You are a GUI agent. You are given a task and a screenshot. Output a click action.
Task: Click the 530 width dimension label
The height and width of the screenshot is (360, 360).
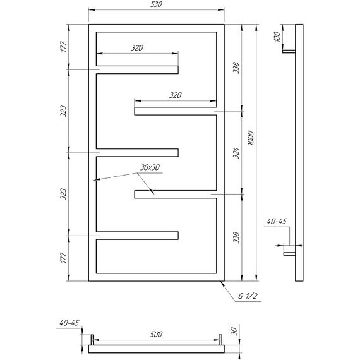(x=156, y=4)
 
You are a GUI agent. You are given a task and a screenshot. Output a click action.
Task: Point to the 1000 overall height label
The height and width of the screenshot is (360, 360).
(x=251, y=138)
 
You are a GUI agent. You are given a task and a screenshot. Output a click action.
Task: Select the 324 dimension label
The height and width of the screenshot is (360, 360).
(x=236, y=153)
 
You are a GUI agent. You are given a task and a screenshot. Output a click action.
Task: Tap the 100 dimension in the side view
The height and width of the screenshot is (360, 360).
(x=277, y=37)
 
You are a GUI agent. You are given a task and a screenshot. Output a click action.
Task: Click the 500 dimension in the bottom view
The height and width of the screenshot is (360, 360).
(x=156, y=334)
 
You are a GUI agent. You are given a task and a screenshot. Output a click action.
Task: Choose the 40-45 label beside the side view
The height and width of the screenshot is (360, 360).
(x=277, y=221)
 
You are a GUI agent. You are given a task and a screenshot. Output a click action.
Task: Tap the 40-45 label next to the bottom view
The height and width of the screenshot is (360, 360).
(x=69, y=323)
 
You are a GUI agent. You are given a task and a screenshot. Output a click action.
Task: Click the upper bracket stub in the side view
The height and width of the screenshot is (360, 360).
(x=289, y=52)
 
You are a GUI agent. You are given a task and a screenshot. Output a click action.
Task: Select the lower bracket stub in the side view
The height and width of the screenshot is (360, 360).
(x=289, y=254)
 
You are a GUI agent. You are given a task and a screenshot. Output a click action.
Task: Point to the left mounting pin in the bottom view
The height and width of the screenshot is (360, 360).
(x=92, y=340)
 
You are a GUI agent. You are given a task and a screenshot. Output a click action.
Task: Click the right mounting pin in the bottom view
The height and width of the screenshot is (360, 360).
(x=220, y=340)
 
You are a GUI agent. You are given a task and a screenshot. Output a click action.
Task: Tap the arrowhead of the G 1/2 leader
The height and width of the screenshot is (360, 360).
(x=222, y=283)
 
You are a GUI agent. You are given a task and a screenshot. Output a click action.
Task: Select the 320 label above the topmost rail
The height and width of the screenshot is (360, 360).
(x=137, y=48)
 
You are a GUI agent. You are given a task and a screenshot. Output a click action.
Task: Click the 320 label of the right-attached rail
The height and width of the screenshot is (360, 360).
(x=176, y=95)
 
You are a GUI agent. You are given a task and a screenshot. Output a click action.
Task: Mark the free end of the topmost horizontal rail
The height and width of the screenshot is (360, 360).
(x=178, y=70)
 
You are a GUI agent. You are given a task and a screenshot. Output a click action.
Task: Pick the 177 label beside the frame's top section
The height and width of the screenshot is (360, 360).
(x=64, y=47)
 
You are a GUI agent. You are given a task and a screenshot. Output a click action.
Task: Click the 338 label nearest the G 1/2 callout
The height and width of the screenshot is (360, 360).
(x=236, y=237)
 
